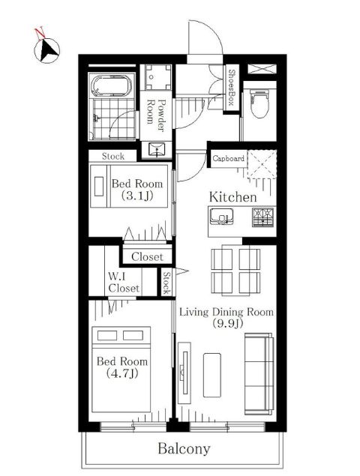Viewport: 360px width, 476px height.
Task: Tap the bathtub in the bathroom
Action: pyautogui.click(x=112, y=86)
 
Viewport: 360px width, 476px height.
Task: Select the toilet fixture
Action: pyautogui.click(x=259, y=104)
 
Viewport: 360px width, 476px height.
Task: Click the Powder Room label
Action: pyautogui.click(x=156, y=115)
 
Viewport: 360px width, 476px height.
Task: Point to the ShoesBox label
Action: pyautogui.click(x=232, y=88)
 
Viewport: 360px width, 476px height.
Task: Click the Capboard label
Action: pyautogui.click(x=228, y=158)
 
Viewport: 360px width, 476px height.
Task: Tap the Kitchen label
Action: pyautogui.click(x=233, y=197)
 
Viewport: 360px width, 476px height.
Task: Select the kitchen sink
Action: pyautogui.click(x=222, y=217)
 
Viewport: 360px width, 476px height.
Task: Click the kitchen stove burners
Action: pyautogui.click(x=263, y=217)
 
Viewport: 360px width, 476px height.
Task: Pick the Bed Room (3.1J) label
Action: pyautogui.click(x=137, y=190)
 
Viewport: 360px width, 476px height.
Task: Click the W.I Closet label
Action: pyautogui.click(x=124, y=283)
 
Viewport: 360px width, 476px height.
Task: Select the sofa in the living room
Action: pyautogui.click(x=259, y=374)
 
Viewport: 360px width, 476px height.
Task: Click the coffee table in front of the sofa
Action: pyautogui.click(x=212, y=375)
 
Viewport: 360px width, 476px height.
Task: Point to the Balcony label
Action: pyautogui.click(x=184, y=449)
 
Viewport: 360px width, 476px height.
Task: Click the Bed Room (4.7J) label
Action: pyautogui.click(x=122, y=367)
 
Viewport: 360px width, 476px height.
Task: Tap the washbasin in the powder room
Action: pyautogui.click(x=157, y=149)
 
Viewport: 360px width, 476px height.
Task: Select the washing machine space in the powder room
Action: pyautogui.click(x=157, y=76)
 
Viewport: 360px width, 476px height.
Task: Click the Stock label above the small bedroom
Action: pyautogui.click(x=113, y=157)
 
